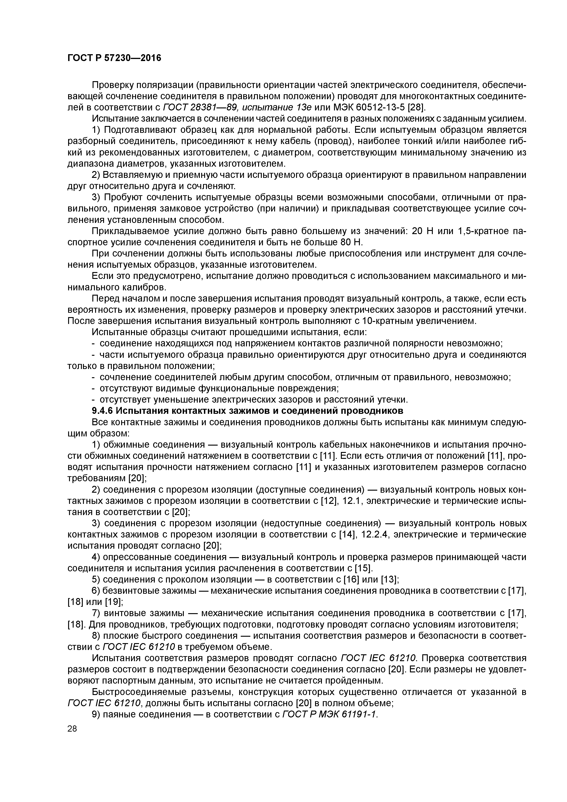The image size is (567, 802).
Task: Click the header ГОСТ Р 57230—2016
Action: [114, 58]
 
